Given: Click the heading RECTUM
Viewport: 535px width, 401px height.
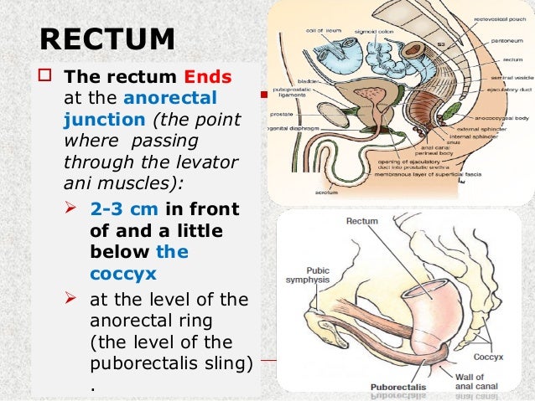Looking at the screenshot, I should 107,39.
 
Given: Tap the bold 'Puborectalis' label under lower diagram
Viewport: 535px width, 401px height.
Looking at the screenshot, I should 397,388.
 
